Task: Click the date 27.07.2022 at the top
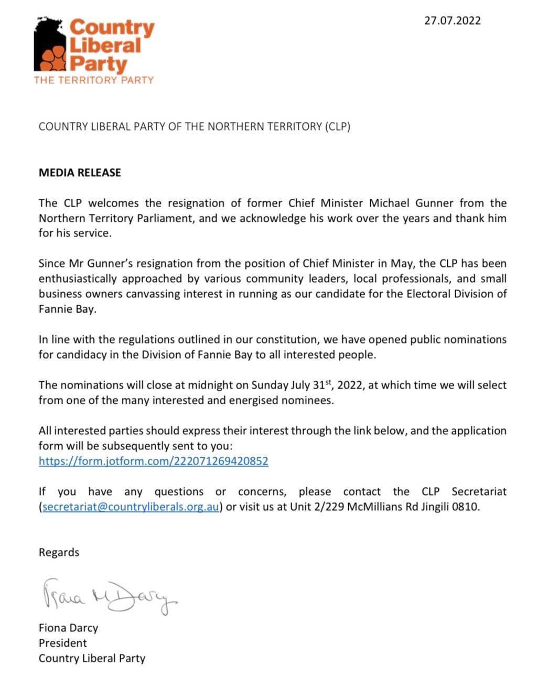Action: pos(452,20)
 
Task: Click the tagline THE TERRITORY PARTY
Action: pos(94,80)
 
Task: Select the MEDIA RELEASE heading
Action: pos(80,173)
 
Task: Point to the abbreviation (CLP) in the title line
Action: pos(337,126)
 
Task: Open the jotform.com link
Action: pos(154,461)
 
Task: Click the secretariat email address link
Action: pos(130,507)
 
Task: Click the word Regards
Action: pos(59,552)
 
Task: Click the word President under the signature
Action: pos(63,643)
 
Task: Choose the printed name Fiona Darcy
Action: pos(68,628)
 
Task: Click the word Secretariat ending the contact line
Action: pos(479,492)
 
